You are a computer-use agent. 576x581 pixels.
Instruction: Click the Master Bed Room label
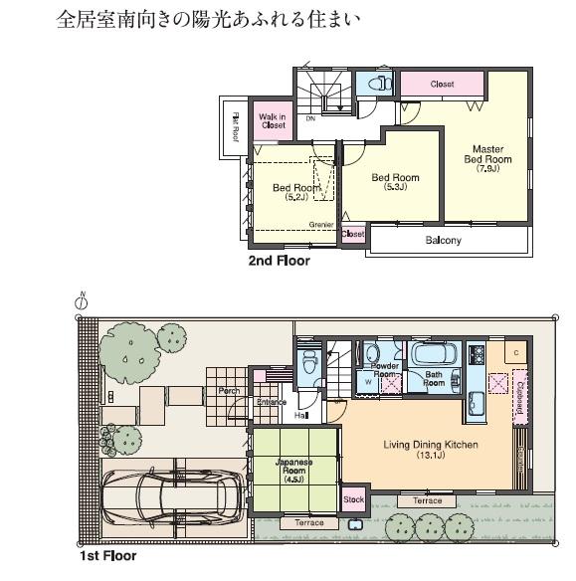click(487, 153)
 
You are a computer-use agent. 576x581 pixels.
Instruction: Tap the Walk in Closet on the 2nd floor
click(272, 121)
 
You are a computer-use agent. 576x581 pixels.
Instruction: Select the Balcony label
click(443, 241)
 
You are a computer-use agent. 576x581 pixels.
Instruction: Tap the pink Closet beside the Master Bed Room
click(442, 85)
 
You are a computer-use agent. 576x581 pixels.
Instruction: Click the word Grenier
click(320, 225)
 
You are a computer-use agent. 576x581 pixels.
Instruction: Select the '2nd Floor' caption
click(279, 262)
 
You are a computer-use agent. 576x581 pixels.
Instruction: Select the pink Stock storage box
click(353, 499)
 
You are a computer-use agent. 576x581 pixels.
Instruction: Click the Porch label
click(228, 391)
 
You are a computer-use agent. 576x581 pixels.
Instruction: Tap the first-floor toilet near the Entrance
click(309, 363)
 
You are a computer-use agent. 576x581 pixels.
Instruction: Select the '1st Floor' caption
click(107, 556)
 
